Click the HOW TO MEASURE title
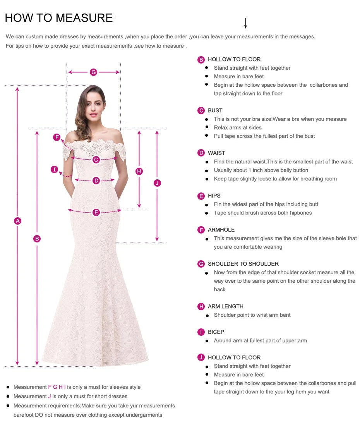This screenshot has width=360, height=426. coord(59,18)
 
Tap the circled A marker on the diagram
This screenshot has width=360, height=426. coord(17,221)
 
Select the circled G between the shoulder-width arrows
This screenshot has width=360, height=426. coord(93,72)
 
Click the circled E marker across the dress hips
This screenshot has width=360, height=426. coord(96,212)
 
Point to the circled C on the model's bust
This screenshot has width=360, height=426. coord(96,160)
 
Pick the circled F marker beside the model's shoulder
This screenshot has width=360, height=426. coord(57,137)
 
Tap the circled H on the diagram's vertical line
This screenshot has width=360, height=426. coord(139,171)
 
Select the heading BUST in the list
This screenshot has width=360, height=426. coord(215,110)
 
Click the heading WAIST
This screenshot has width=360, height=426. coord(216,153)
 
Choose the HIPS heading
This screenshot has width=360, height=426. coord(214,196)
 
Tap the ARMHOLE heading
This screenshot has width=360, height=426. coord(221,230)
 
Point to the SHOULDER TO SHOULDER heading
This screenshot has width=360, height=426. coord(243,264)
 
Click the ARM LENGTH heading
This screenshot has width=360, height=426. coord(225,306)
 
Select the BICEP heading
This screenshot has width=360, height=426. coord(216,332)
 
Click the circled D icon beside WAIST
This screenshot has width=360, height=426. coord(201,153)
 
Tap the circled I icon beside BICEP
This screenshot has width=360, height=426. coord(201,332)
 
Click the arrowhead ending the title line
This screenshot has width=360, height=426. coord(245,26)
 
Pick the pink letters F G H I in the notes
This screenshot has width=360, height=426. coord(57,387)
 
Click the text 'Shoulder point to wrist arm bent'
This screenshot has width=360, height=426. coord(252,315)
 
